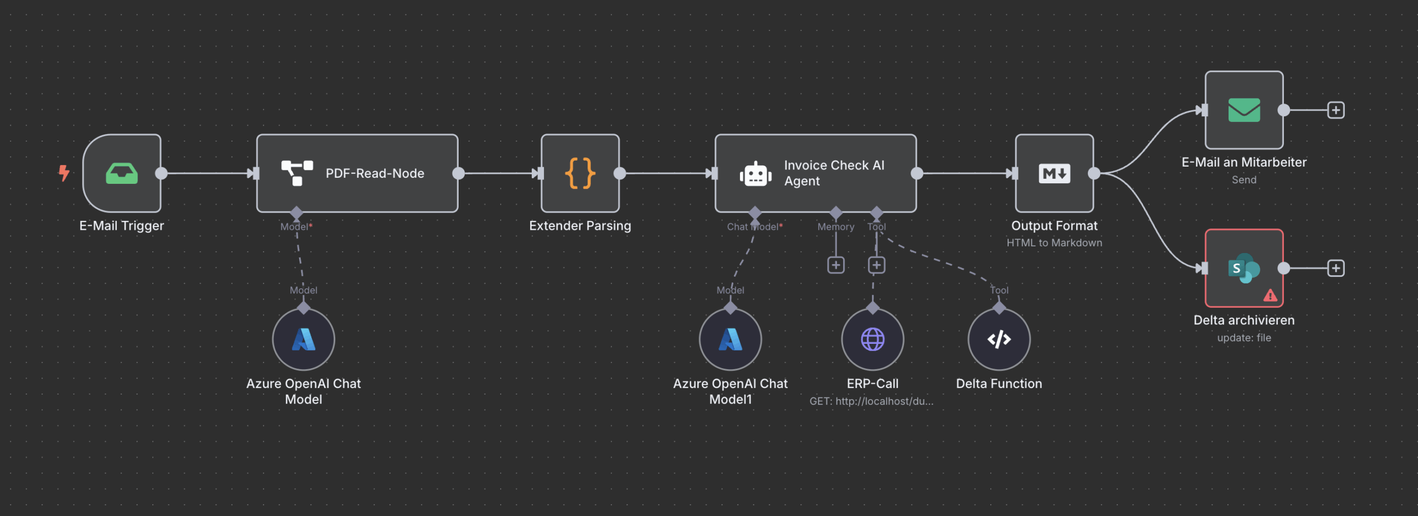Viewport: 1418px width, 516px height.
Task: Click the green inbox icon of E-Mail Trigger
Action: pyautogui.click(x=122, y=173)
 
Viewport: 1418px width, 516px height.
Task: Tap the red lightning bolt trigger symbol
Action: pyautogui.click(x=64, y=173)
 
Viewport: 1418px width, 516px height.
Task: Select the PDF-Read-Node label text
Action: pyautogui.click(x=374, y=173)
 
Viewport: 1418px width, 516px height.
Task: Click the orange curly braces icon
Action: pyautogui.click(x=580, y=173)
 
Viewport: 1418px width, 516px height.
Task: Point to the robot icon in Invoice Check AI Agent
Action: pyautogui.click(x=755, y=174)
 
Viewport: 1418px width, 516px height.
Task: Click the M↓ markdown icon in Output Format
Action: pyautogui.click(x=1054, y=173)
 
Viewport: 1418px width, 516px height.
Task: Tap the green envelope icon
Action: pyautogui.click(x=1244, y=110)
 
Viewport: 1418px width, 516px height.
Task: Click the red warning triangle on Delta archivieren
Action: pyautogui.click(x=1270, y=296)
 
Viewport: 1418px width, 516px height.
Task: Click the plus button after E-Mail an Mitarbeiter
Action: pyautogui.click(x=1335, y=110)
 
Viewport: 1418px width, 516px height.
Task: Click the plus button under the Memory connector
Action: pyautogui.click(x=836, y=265)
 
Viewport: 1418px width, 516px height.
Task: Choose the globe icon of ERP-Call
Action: pyautogui.click(x=872, y=339)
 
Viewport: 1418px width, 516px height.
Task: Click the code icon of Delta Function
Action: pyautogui.click(x=999, y=339)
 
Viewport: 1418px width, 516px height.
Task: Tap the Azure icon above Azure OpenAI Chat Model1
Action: pyautogui.click(x=730, y=339)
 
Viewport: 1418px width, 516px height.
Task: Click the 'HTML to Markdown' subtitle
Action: pyautogui.click(x=1054, y=242)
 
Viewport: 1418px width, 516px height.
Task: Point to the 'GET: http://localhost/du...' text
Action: pyautogui.click(x=871, y=401)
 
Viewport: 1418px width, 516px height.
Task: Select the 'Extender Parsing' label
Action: pyautogui.click(x=580, y=225)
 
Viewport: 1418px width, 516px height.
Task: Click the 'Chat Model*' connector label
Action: pyautogui.click(x=754, y=226)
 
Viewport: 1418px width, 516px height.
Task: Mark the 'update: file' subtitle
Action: pyautogui.click(x=1244, y=337)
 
